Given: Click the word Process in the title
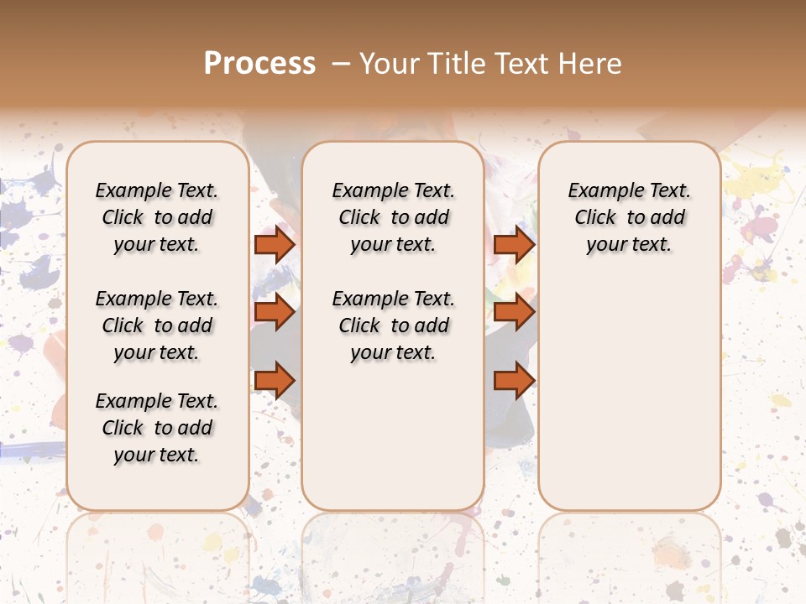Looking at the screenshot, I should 259,64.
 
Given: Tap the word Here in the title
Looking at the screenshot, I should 591,64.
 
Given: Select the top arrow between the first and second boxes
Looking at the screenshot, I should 275,244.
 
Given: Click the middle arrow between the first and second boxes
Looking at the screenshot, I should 275,312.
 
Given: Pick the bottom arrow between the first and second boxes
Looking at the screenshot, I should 275,381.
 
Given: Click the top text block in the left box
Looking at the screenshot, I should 157,217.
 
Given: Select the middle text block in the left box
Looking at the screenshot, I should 157,325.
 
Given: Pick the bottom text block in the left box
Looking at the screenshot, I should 157,428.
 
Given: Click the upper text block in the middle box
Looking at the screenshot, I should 394,217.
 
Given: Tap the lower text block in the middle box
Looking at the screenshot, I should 394,325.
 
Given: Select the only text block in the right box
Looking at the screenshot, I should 630,217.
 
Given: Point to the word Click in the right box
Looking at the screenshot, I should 595,218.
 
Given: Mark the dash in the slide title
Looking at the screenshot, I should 341,64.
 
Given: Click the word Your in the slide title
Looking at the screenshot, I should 388,64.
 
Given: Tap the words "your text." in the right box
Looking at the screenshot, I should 630,245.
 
